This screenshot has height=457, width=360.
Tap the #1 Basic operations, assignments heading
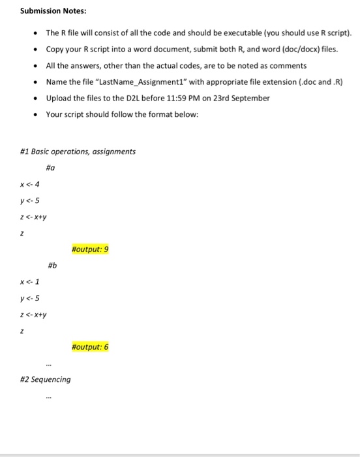(x=78, y=151)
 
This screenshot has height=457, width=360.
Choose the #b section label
(x=52, y=265)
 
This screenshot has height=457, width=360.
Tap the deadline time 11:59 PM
(x=203, y=98)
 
